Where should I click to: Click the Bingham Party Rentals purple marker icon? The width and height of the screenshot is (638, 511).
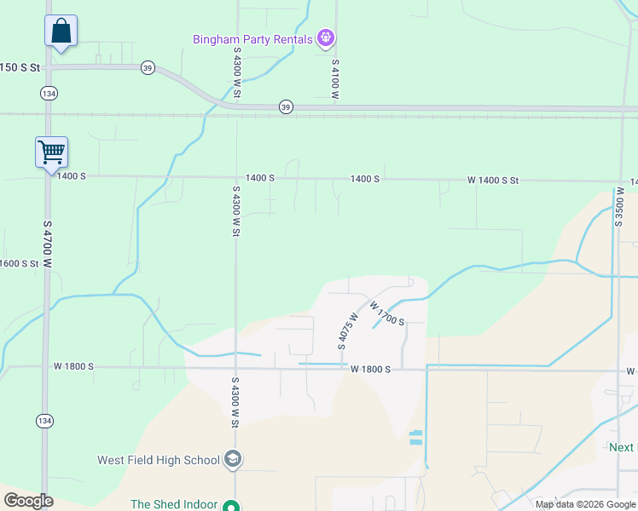325,38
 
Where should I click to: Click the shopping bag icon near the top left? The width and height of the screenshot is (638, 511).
61,32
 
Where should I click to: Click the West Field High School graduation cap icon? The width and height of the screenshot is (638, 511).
232,460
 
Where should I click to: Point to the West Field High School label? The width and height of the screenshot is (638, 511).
159,460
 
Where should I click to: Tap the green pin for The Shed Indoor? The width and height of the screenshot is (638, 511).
229,505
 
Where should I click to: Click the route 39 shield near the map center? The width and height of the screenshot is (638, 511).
286,106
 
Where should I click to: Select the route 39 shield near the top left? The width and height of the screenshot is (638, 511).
148,67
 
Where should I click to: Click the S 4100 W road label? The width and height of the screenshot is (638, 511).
336,80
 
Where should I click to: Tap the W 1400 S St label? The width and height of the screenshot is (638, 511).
493,181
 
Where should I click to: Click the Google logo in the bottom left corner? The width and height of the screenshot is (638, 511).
28,500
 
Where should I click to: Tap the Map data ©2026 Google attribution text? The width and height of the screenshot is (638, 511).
585,504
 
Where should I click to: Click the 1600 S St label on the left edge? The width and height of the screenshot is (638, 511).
20,263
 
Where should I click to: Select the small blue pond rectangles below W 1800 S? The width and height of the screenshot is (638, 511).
415,438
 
